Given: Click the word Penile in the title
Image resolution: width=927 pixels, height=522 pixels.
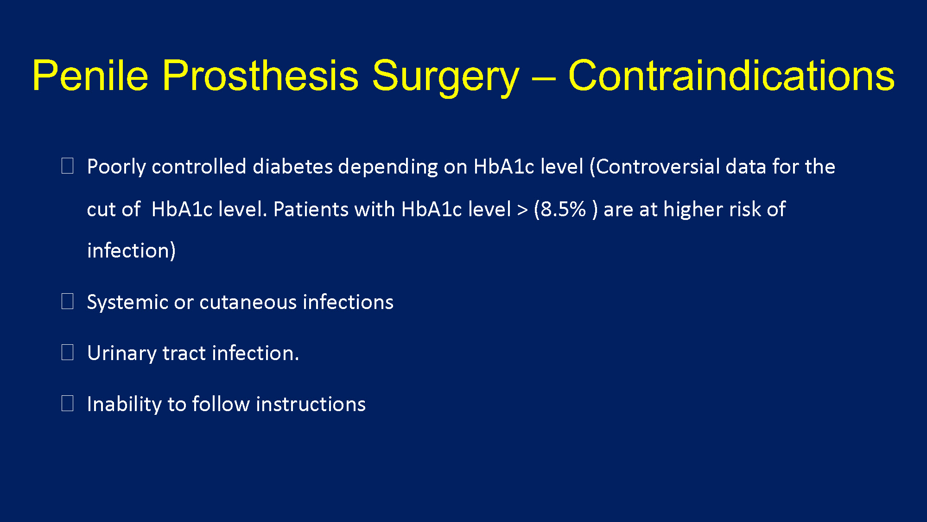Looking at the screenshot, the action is point(90,75).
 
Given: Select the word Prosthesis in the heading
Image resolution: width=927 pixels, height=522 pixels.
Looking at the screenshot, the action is point(260,75).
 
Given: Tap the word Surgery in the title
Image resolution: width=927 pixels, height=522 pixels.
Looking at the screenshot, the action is point(445,78).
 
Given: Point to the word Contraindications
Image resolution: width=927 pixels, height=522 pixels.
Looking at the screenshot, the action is point(731,75).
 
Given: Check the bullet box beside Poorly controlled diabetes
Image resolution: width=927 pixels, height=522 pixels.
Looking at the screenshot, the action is point(68,166).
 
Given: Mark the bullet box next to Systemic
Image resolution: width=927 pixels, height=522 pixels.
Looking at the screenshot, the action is point(68,301).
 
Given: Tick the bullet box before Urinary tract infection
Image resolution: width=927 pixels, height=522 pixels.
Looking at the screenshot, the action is point(68,352).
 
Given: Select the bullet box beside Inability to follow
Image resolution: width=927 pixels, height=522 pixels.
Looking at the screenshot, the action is point(68,403).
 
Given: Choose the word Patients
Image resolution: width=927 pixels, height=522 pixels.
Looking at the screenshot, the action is point(311,209).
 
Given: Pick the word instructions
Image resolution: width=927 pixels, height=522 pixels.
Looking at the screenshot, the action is point(311,404).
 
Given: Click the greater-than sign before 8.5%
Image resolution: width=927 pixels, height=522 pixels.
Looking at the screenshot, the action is point(522,210).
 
